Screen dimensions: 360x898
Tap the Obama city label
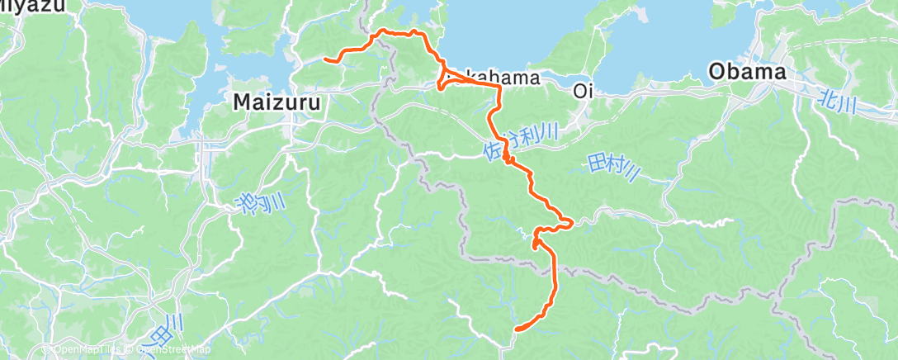[747, 73]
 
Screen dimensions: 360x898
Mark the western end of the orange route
[325, 59]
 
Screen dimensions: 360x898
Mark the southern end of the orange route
[517, 329]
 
